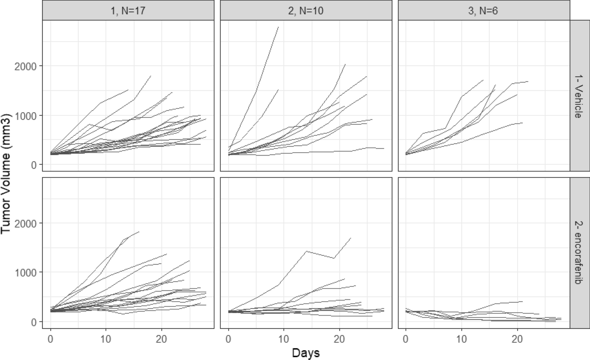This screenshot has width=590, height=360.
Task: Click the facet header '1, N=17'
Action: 128,11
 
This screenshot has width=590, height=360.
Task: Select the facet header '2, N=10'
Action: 306,11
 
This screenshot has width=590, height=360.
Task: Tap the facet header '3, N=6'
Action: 483,11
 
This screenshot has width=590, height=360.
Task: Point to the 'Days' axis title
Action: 306,353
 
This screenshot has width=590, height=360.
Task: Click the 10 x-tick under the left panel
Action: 106,339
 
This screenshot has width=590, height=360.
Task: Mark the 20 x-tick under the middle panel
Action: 340,339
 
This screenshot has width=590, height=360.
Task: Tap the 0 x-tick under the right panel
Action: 406,339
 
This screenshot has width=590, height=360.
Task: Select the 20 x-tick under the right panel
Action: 517,339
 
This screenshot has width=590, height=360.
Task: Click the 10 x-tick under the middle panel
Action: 284,339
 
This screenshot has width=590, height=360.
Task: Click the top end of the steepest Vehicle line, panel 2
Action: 278,27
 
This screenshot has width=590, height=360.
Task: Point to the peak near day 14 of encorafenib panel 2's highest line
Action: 306,251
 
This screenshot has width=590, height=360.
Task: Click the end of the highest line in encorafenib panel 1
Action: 139,232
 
